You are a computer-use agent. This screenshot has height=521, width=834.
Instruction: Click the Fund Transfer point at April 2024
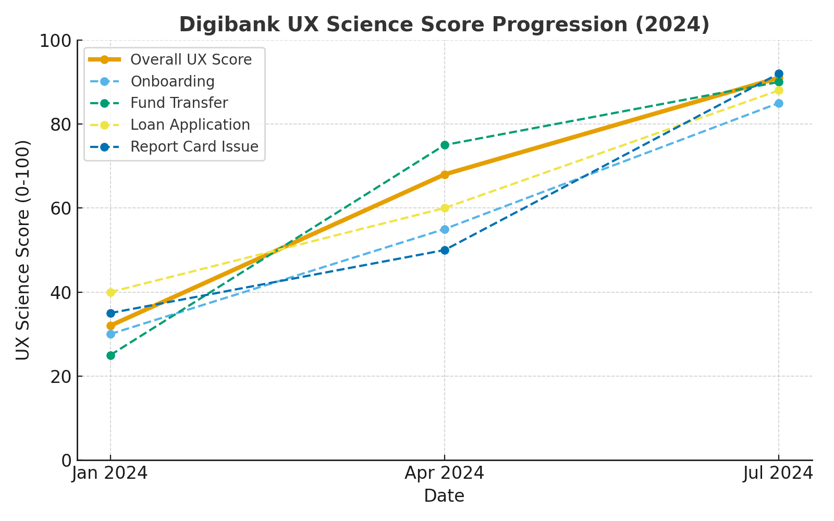(445, 145)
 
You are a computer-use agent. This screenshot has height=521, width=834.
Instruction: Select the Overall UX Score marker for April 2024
(445, 175)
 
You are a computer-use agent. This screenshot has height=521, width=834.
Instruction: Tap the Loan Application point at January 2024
(111, 292)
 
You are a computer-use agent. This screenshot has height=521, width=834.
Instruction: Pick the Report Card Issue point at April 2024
(445, 250)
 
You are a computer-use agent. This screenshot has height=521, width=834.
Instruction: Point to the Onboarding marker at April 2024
(445, 229)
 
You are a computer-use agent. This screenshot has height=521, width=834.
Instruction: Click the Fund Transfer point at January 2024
(111, 355)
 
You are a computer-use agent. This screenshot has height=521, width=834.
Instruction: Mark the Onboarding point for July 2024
(779, 103)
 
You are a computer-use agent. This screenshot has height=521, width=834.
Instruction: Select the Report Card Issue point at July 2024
(779, 74)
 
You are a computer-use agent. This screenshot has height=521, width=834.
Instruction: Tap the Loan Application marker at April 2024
(445, 208)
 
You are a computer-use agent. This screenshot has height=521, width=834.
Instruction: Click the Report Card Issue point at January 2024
(111, 313)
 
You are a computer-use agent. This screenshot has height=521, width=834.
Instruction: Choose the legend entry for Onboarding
(172, 82)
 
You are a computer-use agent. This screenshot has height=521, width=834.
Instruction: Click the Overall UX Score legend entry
(191, 60)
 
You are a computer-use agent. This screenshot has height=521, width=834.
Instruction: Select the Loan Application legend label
(190, 125)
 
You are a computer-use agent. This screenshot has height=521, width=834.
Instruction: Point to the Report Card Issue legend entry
(194, 147)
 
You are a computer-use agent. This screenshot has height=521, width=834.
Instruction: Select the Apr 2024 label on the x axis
(445, 474)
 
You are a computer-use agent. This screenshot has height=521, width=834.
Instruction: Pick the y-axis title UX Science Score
(23, 250)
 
